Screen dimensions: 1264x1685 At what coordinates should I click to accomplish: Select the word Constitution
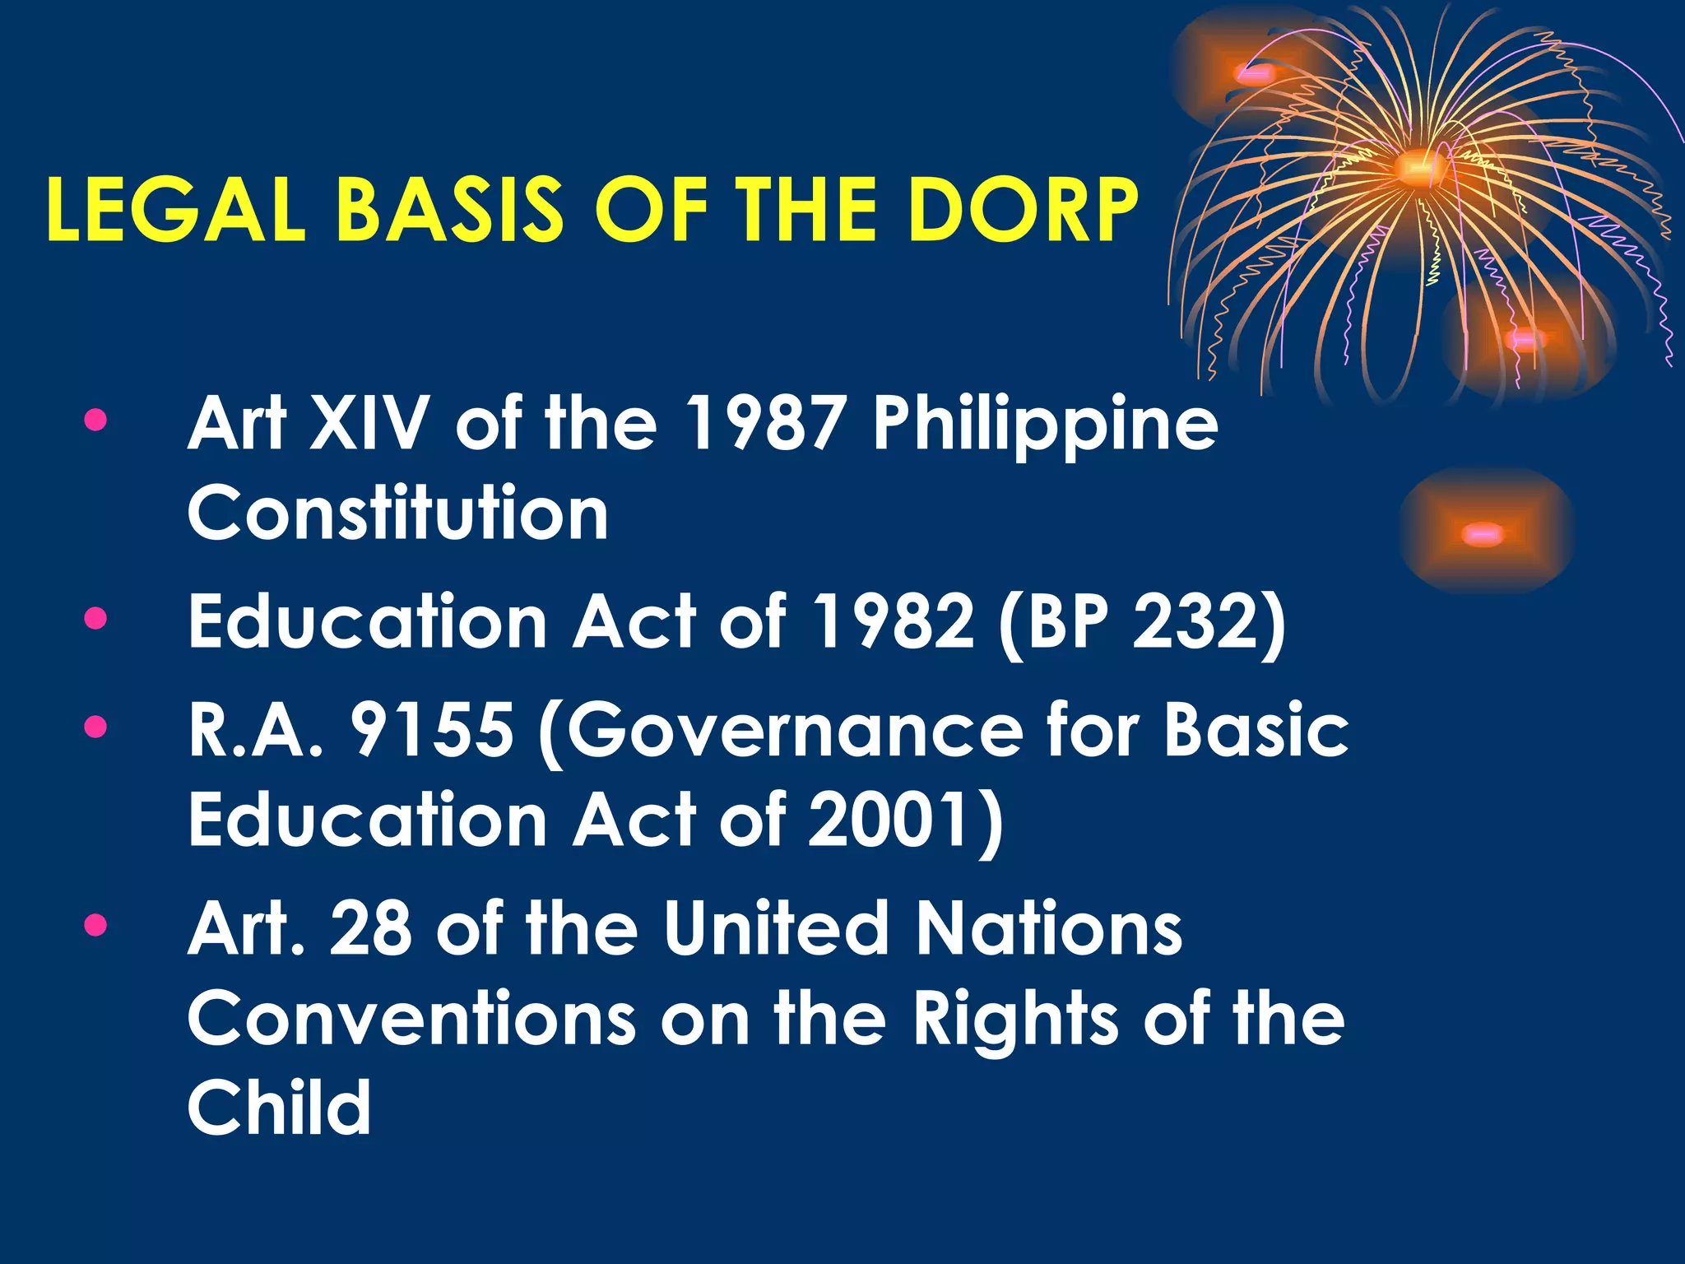pyautogui.click(x=398, y=513)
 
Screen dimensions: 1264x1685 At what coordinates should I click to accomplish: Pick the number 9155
pyautogui.click(x=433, y=730)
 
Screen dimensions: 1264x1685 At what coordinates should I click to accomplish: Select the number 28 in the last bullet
pyautogui.click(x=370, y=929)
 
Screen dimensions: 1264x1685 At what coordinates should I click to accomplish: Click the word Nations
pyautogui.click(x=1049, y=929)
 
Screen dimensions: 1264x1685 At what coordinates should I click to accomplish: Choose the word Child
pyautogui.click(x=280, y=1108)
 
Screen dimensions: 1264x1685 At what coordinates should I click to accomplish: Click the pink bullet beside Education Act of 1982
pyautogui.click(x=95, y=618)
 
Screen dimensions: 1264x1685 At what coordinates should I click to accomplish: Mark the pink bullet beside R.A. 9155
pyautogui.click(x=95, y=727)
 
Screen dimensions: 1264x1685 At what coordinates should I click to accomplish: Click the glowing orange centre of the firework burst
pyautogui.click(x=1417, y=168)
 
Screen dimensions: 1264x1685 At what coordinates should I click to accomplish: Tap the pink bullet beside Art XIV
pyautogui.click(x=95, y=421)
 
